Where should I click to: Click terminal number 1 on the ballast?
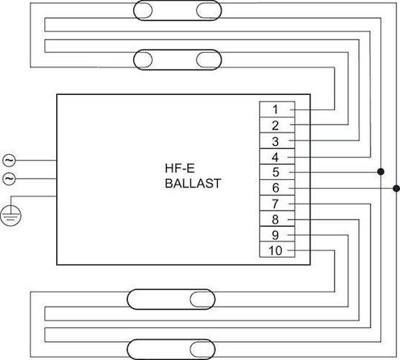tap(275, 110)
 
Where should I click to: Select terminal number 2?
tap(275, 125)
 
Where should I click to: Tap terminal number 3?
tap(275, 141)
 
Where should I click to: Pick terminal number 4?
tap(275, 157)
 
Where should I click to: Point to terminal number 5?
tap(276, 172)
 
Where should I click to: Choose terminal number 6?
tap(276, 188)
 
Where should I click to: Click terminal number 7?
tap(275, 204)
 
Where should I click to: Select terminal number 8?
tap(275, 219)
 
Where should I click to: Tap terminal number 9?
tap(275, 235)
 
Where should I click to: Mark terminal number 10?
tap(276, 250)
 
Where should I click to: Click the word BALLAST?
tap(193, 184)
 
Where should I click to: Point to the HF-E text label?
tap(179, 168)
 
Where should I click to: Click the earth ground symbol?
tap(10, 216)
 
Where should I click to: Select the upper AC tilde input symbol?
tap(9, 161)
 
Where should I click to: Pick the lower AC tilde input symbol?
tap(9, 179)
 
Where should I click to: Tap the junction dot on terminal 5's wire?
tap(381, 172)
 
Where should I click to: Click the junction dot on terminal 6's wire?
tap(396, 189)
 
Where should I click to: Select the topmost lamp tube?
tap(178, 10)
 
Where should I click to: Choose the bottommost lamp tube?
tap(171, 350)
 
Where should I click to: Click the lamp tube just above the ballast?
tap(178, 60)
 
